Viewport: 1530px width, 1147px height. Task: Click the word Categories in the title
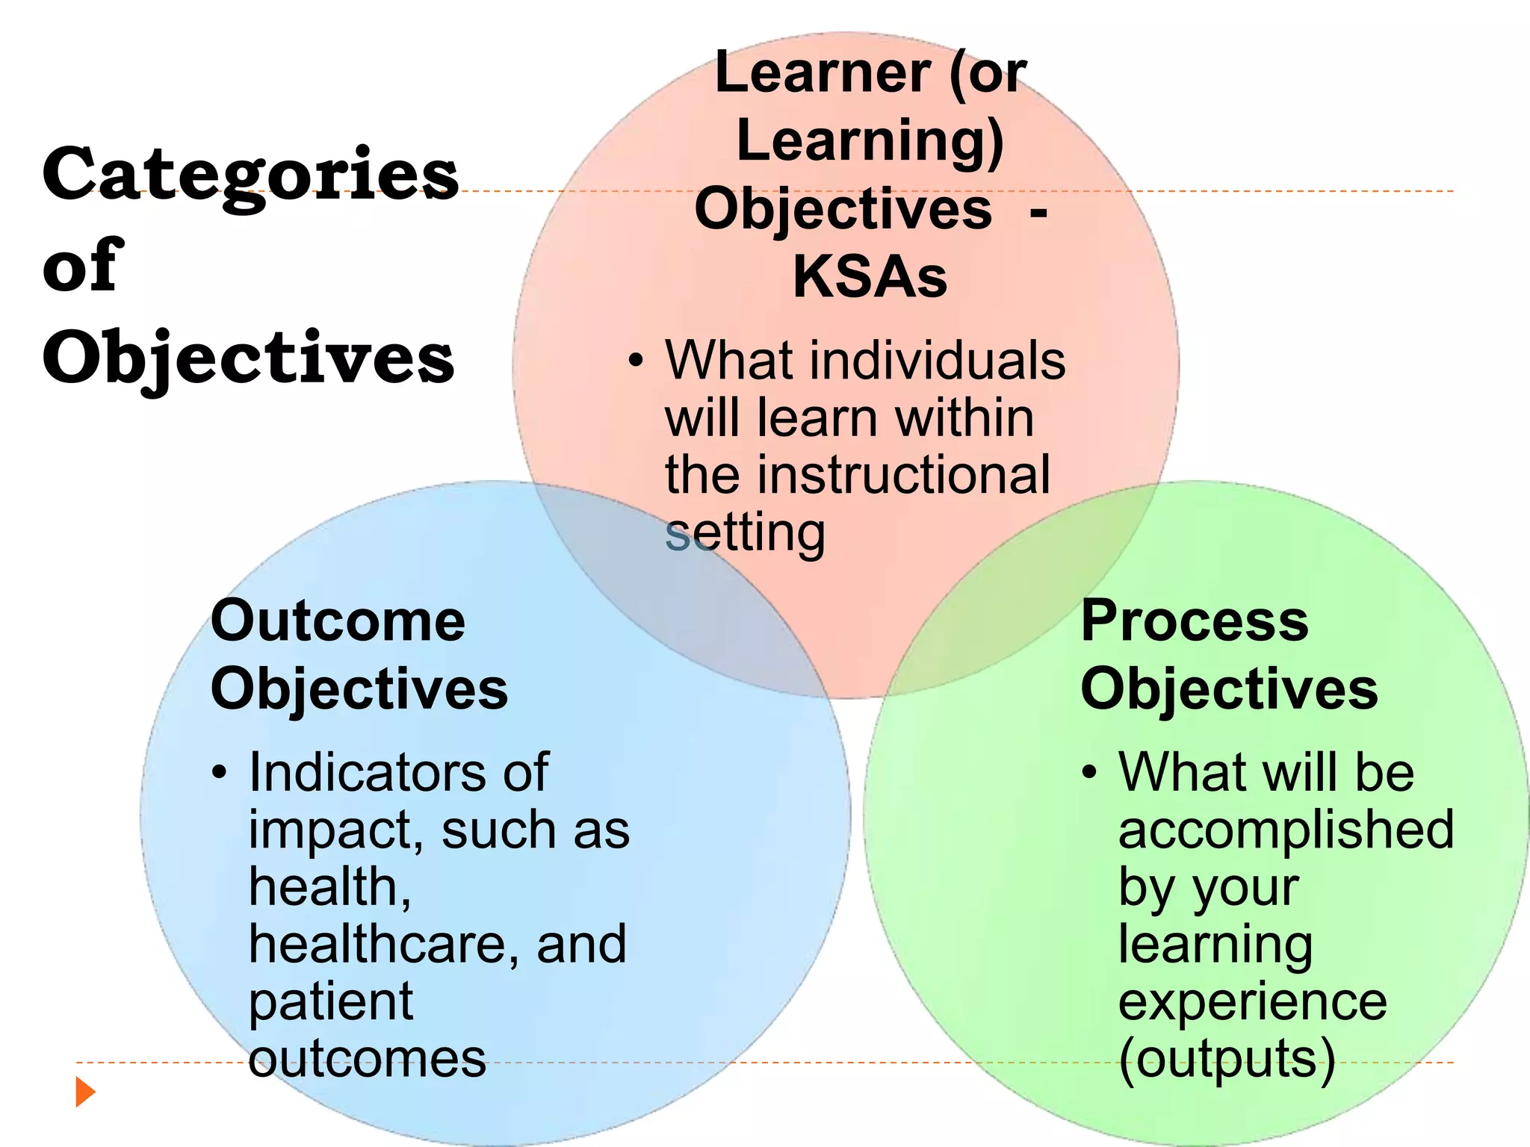click(x=250, y=174)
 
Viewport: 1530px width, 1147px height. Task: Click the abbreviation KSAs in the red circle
click(x=870, y=277)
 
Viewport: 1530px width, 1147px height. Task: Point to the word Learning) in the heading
click(x=870, y=141)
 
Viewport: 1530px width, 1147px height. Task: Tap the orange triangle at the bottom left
click(x=85, y=1092)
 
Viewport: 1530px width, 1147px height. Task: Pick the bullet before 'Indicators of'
click(x=218, y=773)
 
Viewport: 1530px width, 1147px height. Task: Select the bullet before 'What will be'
click(x=1089, y=773)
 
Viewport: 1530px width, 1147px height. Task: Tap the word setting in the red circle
click(x=745, y=534)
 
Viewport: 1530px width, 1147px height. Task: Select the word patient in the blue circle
click(x=330, y=1002)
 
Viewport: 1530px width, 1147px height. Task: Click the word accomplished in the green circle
click(x=1286, y=830)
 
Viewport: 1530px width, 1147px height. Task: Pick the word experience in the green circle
click(x=1252, y=1002)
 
